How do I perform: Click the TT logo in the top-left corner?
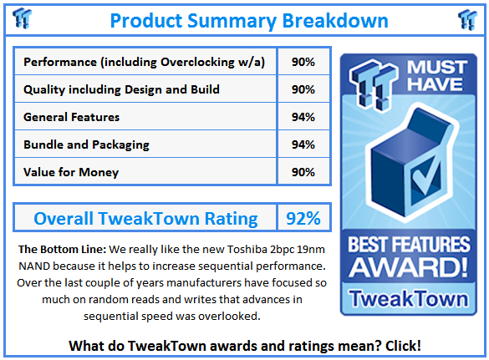(23, 18)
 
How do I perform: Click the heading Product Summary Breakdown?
(248, 20)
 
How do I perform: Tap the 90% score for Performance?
(303, 62)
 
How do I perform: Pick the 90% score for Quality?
(303, 89)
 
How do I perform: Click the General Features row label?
(71, 117)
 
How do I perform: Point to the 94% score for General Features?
(303, 117)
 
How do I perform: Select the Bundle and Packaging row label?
(86, 145)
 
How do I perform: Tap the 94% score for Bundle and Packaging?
(303, 145)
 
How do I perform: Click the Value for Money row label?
(71, 172)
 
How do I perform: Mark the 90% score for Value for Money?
(303, 172)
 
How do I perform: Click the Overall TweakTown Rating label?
(145, 219)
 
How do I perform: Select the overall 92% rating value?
(303, 219)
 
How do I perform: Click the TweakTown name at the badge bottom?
(408, 298)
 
